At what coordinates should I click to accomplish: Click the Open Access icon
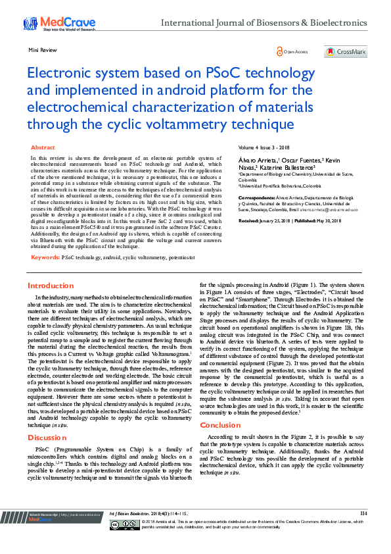point(281,51)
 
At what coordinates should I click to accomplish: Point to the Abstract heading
point(43,148)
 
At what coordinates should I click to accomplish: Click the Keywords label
point(45,257)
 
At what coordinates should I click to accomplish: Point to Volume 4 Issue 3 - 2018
point(263,148)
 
